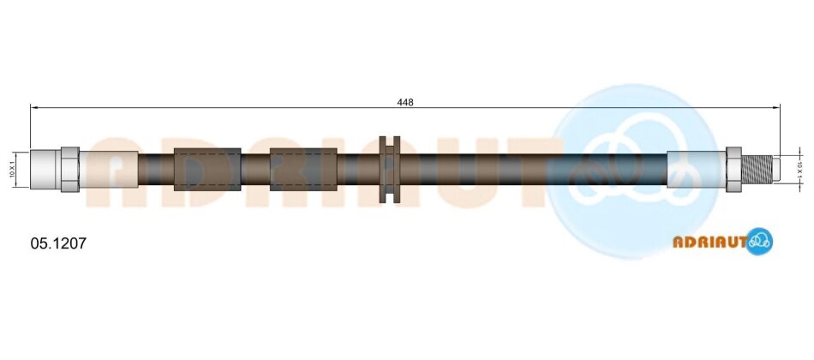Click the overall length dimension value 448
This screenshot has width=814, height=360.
405,102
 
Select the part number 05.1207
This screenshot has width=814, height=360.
58,243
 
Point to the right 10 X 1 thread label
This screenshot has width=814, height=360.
799,170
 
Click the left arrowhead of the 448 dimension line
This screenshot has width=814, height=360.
34,107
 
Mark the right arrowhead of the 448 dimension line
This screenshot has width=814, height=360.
776,107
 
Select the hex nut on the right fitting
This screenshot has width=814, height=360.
733,169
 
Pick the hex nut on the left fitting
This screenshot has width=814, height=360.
70,170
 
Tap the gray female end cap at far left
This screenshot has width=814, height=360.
45,170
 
